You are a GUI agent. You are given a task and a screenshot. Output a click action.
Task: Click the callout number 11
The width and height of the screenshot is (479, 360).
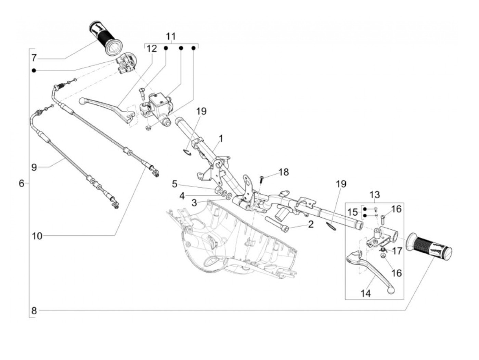[171, 36]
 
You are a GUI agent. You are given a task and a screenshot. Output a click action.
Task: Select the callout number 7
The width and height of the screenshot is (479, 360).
[34, 58]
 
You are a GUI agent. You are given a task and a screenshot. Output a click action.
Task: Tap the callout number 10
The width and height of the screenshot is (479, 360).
[37, 236]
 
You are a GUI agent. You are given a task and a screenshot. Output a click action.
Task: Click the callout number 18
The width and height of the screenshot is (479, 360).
[284, 172]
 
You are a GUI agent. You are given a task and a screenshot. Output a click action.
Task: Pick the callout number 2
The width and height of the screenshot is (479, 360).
[311, 224]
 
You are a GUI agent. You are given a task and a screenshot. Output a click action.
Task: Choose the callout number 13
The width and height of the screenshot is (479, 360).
[374, 195]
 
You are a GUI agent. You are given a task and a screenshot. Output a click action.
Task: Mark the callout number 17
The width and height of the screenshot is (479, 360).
[397, 251]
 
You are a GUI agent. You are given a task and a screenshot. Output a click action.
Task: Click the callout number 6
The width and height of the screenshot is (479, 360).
[22, 183]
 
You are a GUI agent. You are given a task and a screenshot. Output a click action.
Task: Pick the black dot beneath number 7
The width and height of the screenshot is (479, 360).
[34, 70]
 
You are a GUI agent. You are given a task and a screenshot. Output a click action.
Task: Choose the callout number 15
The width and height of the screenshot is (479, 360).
[352, 212]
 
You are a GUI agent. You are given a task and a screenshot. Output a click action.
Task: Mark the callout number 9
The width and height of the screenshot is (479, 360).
[34, 168]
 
